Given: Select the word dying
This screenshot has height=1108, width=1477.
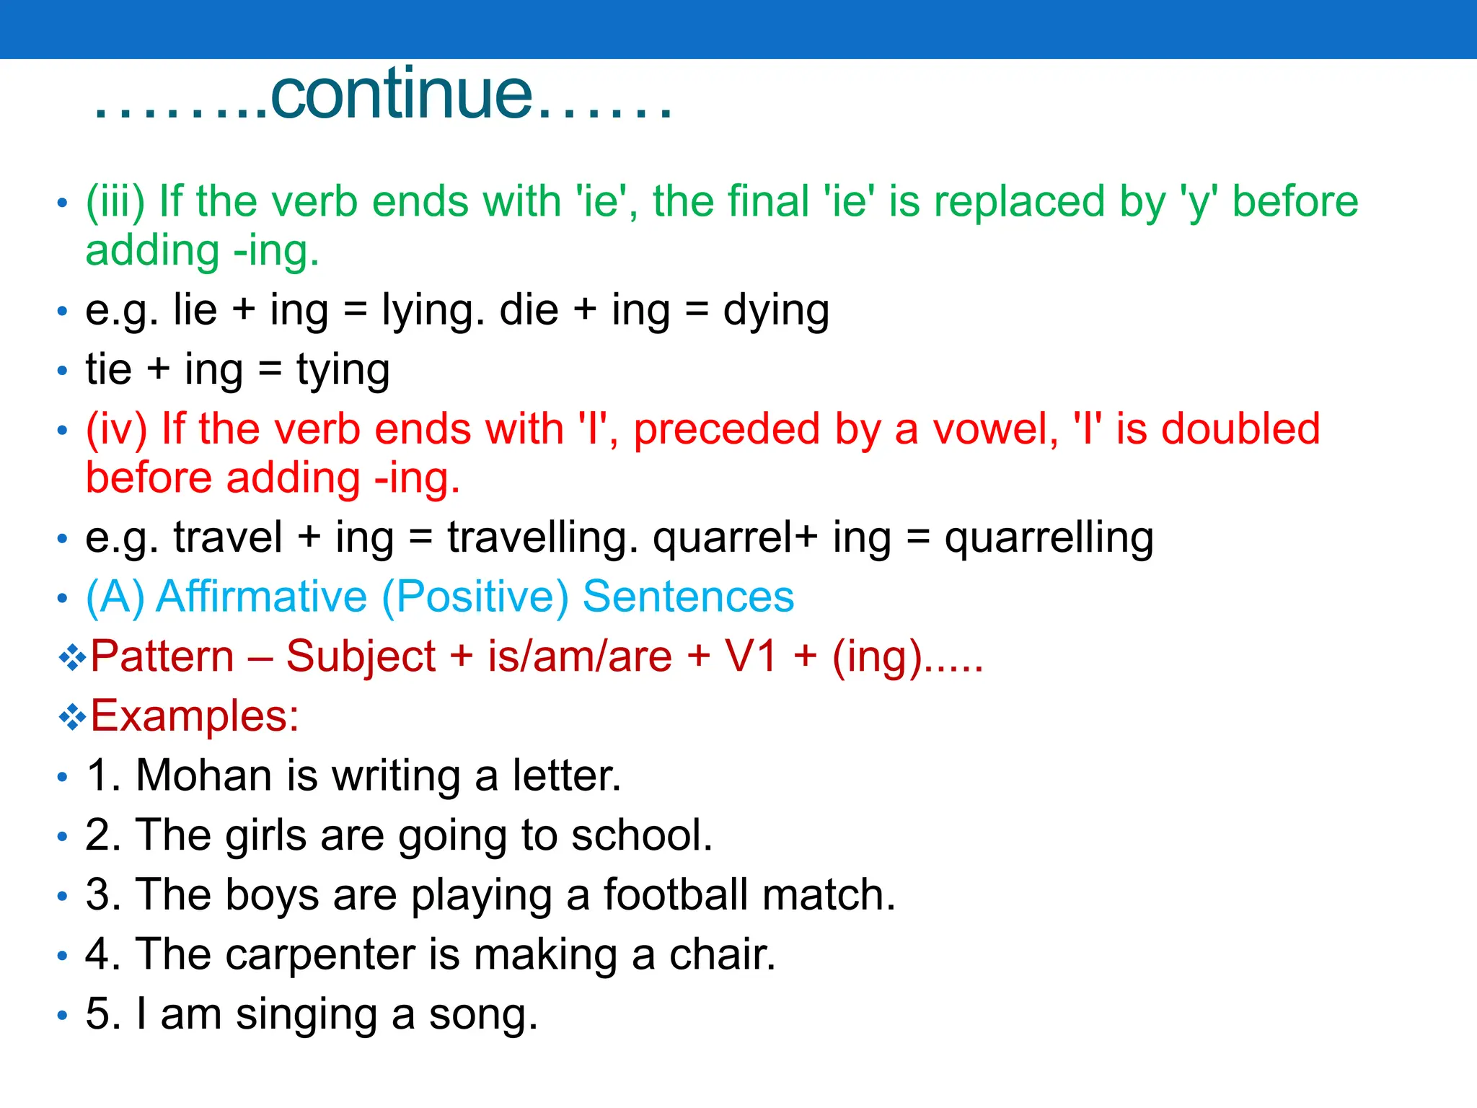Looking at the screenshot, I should (x=776, y=312).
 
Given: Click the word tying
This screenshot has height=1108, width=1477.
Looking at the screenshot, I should (x=343, y=371).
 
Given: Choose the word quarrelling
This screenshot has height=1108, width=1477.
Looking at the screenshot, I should (x=1049, y=538).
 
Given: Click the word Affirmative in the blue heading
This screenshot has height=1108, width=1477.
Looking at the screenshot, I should (x=262, y=597).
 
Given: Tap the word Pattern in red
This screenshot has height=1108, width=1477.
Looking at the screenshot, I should (x=162, y=656).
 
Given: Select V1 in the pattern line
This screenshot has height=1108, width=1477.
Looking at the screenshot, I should (x=751, y=656).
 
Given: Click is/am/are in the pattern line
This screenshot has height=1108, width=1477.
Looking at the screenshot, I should (x=580, y=656).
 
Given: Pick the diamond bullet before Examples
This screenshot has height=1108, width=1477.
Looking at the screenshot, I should (x=72, y=717).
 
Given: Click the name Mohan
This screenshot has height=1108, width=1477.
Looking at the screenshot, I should (x=203, y=776).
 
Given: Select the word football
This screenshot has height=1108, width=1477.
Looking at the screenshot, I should (x=676, y=894).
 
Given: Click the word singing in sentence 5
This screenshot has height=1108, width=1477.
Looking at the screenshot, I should (x=307, y=1014).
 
